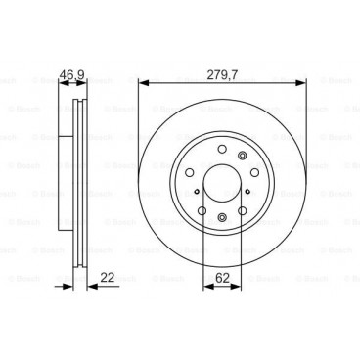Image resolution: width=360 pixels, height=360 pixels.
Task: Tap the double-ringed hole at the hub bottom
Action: pyautogui.click(x=222, y=217)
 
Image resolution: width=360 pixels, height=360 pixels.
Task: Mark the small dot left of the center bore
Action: pyautogui.click(x=197, y=192)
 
